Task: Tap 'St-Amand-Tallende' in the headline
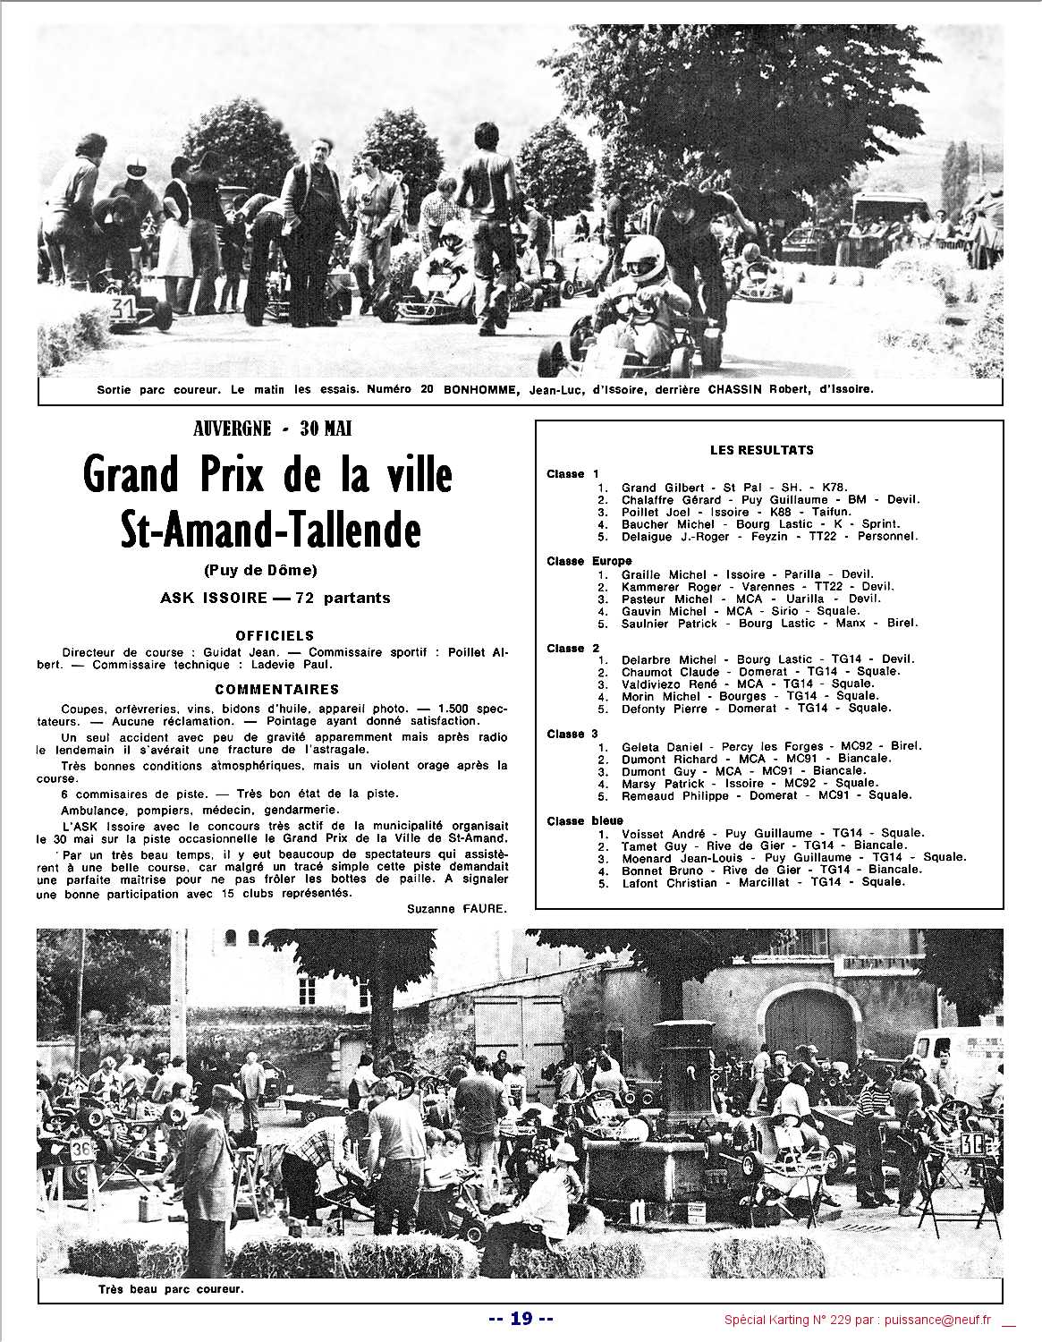point(271,531)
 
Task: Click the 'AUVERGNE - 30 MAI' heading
point(273,429)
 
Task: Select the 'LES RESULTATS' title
point(761,450)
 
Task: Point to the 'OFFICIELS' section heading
point(275,635)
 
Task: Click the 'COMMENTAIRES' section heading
point(276,690)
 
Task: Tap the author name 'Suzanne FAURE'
point(456,908)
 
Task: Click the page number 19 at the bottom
point(521,1318)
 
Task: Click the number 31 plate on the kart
point(122,308)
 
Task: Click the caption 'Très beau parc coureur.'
point(171,1290)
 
